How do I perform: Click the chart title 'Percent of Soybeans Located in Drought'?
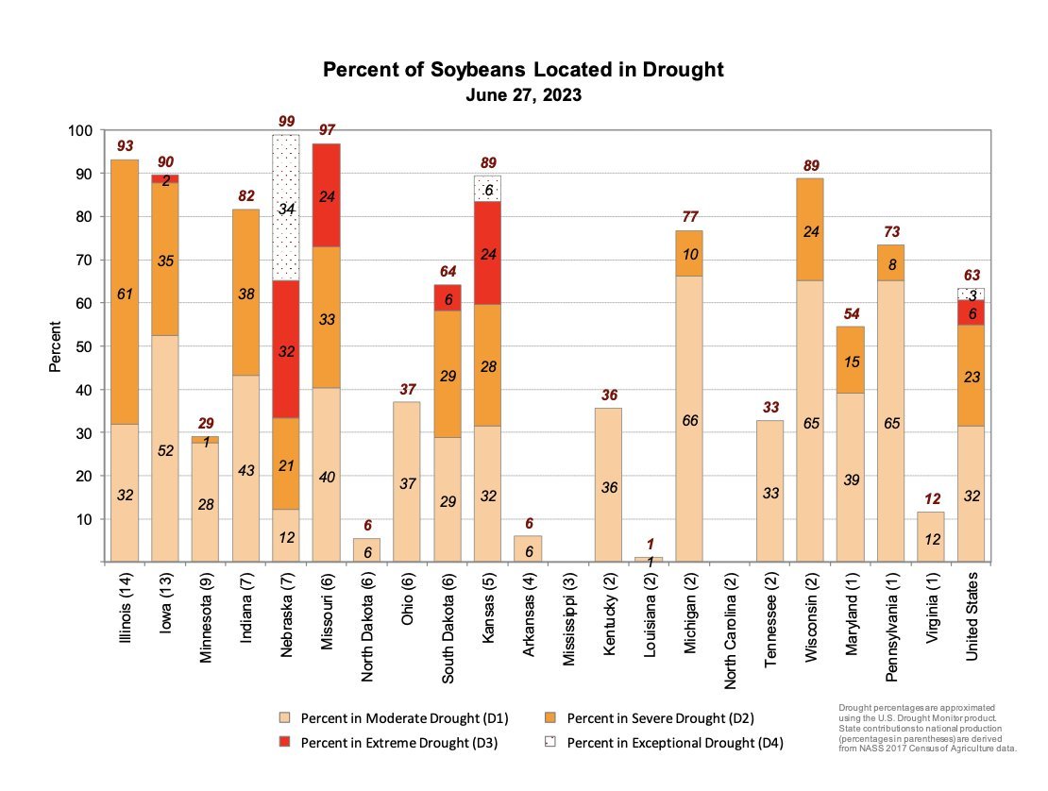[523, 71]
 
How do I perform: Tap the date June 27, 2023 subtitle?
[523, 95]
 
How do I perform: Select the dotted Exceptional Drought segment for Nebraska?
[286, 208]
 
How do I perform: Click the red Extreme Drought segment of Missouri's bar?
[327, 195]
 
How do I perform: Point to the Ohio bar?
[407, 481]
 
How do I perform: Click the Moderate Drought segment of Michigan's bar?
[689, 419]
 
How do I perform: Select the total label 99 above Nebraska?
[286, 122]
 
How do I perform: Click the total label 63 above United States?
[972, 275]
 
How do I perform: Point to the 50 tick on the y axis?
[83, 346]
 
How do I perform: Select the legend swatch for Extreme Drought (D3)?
[284, 742]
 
